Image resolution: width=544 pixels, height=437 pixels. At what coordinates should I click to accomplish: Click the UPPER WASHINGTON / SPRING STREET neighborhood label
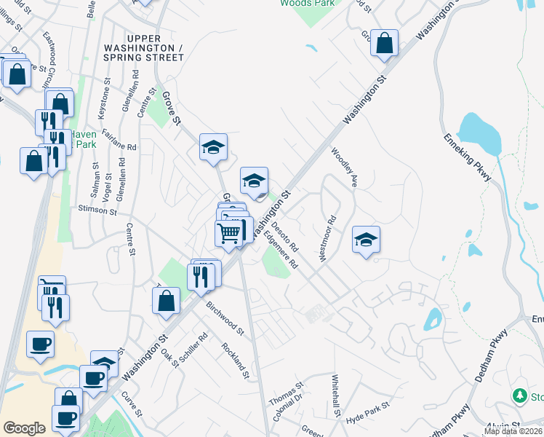point(154,47)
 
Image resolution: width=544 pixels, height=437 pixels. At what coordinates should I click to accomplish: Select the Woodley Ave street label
point(345,168)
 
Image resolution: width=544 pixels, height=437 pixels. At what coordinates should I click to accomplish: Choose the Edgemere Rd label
point(281,250)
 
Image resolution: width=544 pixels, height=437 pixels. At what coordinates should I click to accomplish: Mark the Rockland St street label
point(236,361)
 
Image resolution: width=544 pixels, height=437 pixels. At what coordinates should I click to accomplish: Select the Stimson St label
point(97,210)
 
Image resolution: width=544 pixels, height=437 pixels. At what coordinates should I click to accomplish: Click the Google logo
point(24,428)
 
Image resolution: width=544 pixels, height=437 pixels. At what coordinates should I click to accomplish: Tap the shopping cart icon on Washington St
point(228,233)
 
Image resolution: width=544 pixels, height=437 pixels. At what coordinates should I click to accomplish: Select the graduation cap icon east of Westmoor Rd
point(366,239)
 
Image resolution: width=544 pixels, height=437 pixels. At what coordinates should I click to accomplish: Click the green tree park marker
point(519,395)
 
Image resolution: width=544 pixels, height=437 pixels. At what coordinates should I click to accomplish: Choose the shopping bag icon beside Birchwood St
point(166,299)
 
